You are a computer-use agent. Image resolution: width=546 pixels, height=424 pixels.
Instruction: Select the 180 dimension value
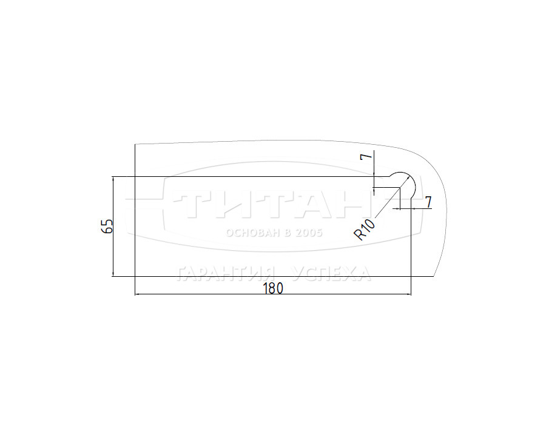(273, 288)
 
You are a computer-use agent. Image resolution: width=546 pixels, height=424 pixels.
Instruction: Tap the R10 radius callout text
(365, 230)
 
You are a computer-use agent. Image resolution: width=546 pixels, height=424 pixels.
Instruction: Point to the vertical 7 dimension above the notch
(366, 156)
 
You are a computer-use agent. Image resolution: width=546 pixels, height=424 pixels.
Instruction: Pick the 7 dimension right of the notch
(428, 202)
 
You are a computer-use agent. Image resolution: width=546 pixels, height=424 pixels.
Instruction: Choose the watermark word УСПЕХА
(331, 274)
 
